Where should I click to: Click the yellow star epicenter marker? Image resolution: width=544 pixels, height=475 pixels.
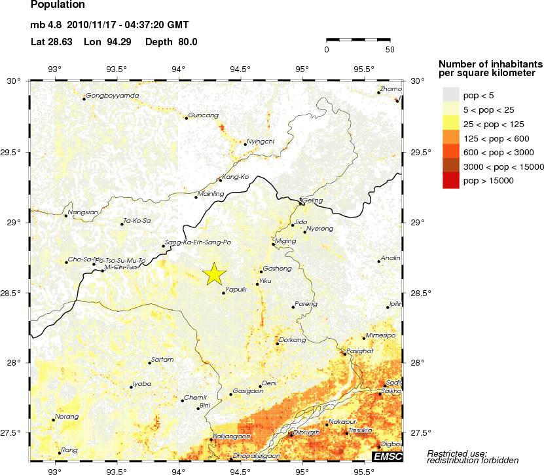click(x=213, y=275)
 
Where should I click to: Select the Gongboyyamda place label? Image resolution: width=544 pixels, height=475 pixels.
click(x=113, y=96)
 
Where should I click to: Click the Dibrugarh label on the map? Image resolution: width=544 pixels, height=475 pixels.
click(x=306, y=432)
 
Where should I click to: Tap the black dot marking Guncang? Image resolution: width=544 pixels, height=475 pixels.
click(x=187, y=118)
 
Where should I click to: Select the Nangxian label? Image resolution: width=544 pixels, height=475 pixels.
click(x=83, y=212)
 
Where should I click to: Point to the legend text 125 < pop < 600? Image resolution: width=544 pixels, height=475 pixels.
click(x=492, y=138)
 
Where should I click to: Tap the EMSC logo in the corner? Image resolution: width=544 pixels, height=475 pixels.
click(x=388, y=456)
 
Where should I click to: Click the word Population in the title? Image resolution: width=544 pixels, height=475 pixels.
click(x=58, y=5)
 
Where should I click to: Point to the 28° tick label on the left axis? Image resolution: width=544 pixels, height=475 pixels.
click(x=13, y=362)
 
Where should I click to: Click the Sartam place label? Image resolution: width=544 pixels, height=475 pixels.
click(x=162, y=360)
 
